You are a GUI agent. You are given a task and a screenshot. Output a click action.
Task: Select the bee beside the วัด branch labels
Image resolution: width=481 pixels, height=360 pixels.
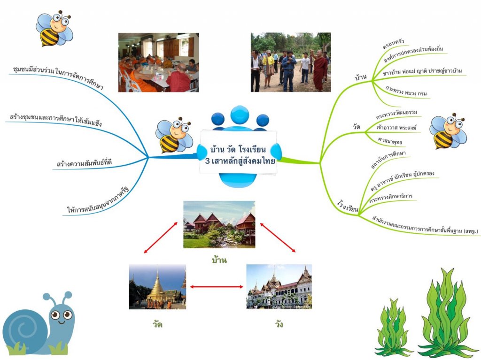(x=447, y=131)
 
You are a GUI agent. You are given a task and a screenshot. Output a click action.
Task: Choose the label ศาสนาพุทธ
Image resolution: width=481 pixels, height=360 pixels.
(x=389, y=141)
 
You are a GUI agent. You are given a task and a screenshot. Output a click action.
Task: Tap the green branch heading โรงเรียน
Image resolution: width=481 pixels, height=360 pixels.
(x=348, y=206)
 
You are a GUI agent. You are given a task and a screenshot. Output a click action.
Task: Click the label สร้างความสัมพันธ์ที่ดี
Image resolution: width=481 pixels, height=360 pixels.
(x=84, y=163)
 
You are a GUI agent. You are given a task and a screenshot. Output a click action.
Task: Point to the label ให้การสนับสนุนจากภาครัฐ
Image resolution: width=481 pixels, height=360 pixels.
(x=98, y=200)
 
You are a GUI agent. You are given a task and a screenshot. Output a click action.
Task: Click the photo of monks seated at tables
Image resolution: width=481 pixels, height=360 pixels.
(x=158, y=62)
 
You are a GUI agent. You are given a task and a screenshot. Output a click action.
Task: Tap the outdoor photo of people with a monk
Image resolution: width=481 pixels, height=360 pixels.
(x=290, y=62)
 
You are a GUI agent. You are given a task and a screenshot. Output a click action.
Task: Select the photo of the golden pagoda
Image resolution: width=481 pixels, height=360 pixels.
(x=157, y=286)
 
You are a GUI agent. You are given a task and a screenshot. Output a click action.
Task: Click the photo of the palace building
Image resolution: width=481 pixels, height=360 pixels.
(x=279, y=286)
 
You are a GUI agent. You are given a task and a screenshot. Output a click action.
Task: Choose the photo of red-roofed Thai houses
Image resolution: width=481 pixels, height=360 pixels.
(x=219, y=224)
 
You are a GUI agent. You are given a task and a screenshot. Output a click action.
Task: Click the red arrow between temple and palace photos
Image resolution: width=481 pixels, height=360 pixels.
(x=216, y=286)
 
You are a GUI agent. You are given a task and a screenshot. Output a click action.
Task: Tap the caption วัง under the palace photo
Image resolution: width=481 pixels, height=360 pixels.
(x=279, y=324)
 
